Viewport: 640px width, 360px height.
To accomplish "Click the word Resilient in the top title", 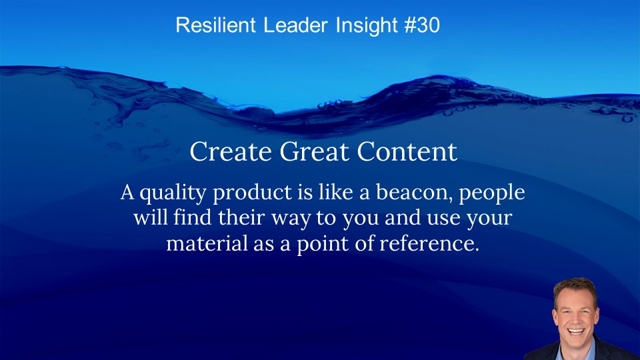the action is tap(215, 25).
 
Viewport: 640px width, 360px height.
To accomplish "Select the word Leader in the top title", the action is tap(295, 25).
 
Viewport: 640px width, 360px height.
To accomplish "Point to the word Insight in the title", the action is tap(366, 26).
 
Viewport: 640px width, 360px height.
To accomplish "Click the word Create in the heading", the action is tap(231, 151).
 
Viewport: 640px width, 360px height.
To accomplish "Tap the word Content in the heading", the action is tap(407, 151).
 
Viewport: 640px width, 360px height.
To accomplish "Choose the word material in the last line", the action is tap(207, 243).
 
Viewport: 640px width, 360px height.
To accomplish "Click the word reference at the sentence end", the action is tap(429, 243).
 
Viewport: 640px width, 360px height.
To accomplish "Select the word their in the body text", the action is tap(241, 217).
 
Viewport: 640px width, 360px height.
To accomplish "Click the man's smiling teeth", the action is tap(576, 331).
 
